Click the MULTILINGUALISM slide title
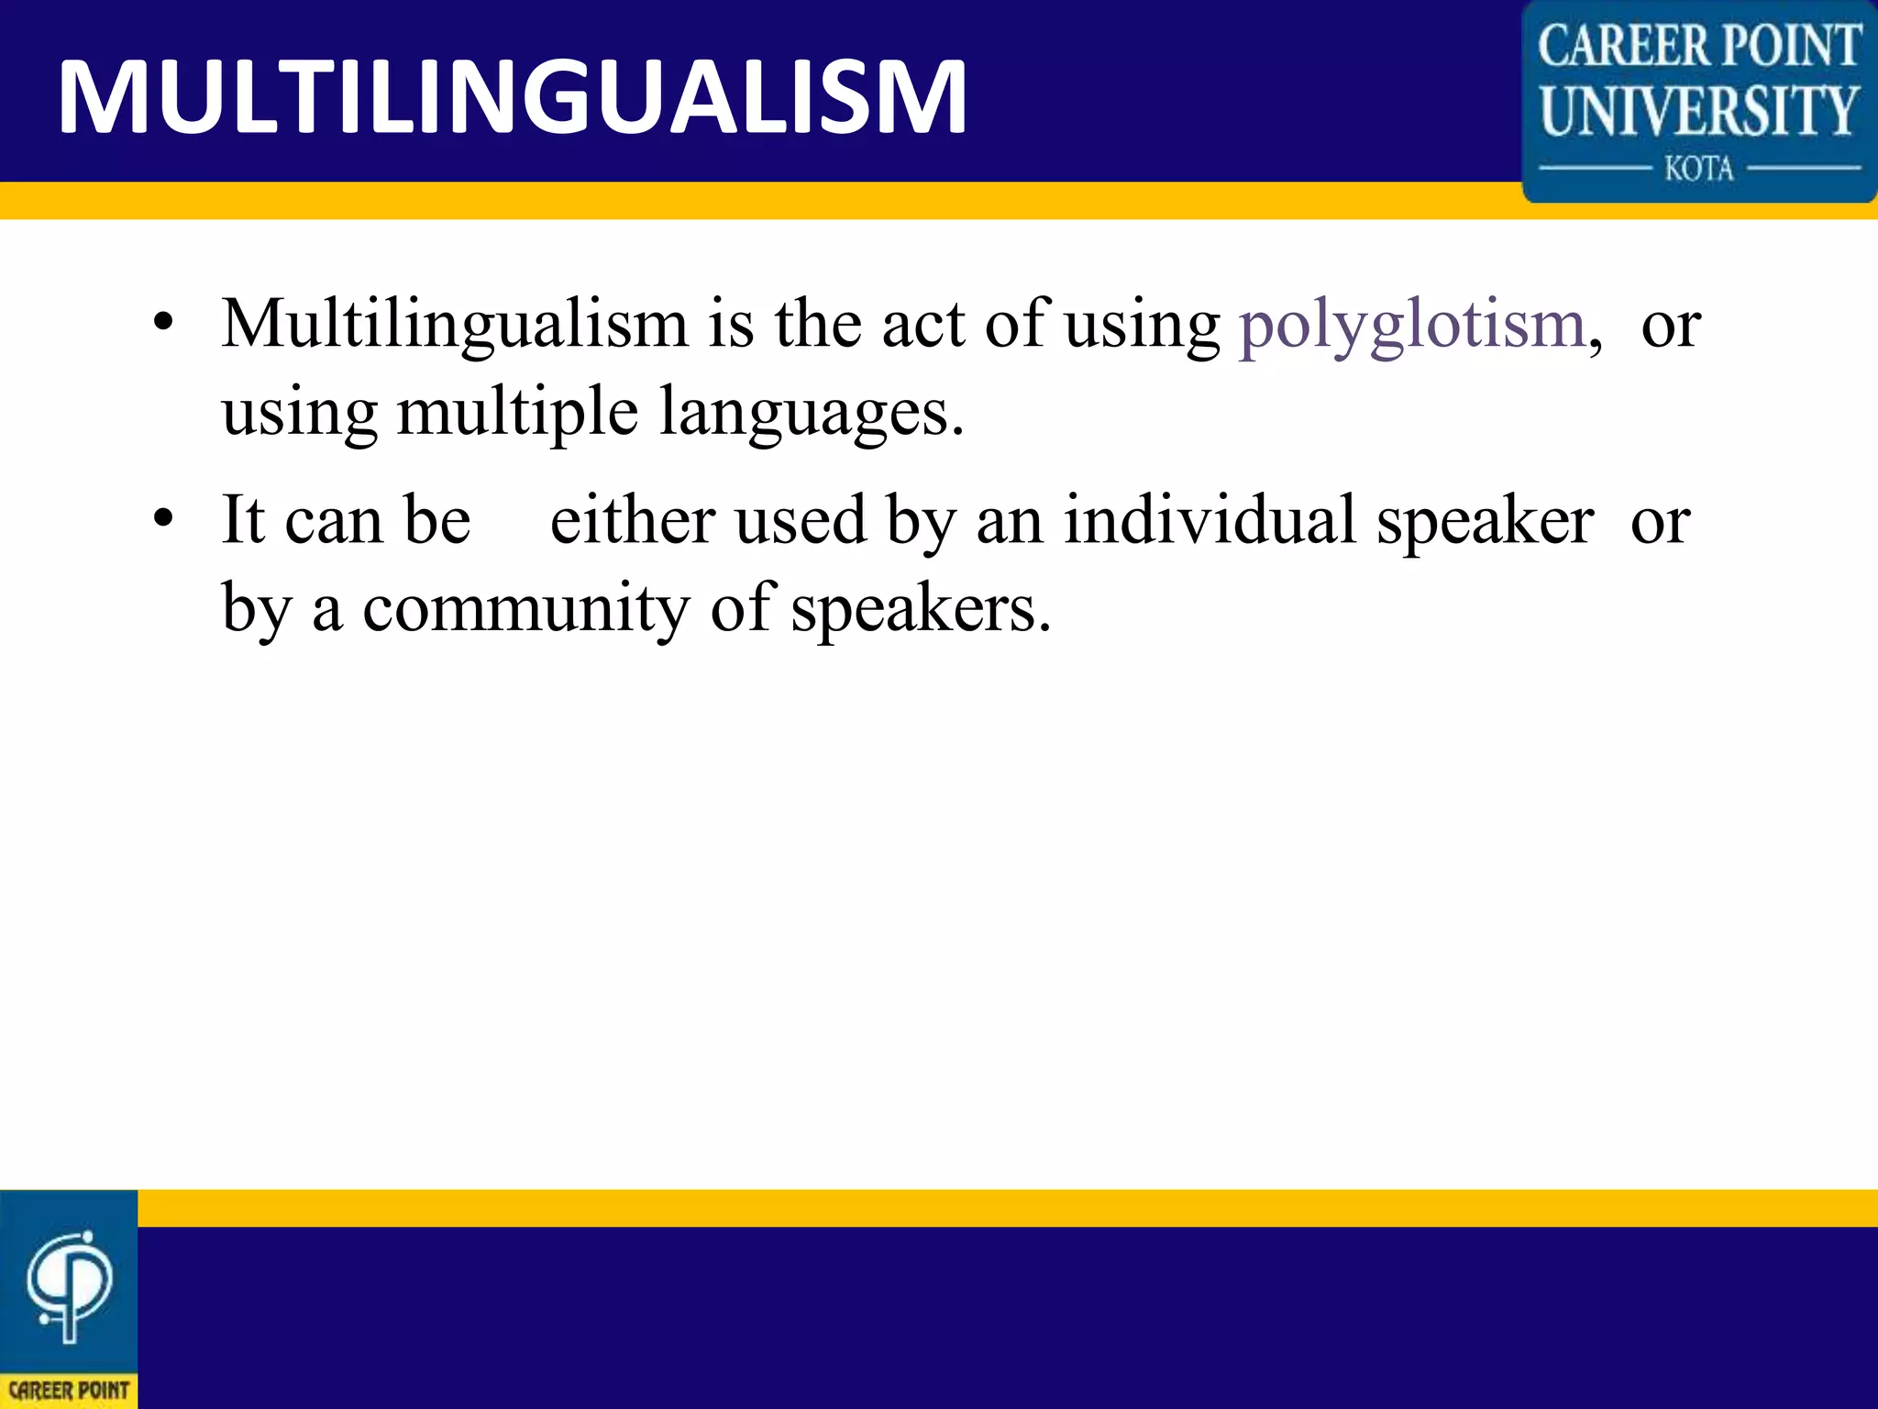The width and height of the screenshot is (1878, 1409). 512,96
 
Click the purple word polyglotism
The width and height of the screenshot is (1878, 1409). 1412,326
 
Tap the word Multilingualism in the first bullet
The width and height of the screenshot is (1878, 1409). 454,326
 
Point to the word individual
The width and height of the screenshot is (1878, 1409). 1210,520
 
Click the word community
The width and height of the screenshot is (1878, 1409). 525,608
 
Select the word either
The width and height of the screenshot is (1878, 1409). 632,520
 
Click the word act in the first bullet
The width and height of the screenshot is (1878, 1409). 922,326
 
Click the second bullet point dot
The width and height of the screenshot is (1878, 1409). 163,519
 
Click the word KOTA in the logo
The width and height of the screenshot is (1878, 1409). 1698,170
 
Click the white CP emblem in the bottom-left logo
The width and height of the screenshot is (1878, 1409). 69,1284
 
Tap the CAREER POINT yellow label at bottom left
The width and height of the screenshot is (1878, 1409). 69,1391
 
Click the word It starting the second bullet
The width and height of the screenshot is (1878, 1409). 243,520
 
